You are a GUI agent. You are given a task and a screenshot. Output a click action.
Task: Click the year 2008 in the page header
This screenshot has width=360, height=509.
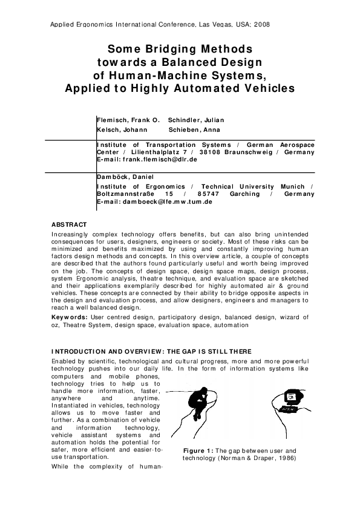[261, 25]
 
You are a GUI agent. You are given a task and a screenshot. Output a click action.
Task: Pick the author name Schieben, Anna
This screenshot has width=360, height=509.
[194, 129]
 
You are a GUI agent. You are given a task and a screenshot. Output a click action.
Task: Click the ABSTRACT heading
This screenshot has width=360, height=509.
[70, 225]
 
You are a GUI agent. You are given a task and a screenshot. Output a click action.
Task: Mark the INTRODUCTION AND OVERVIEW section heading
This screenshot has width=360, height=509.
[151, 352]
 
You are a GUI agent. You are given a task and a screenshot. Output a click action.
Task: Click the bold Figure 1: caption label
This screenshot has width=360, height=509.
[198, 451]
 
